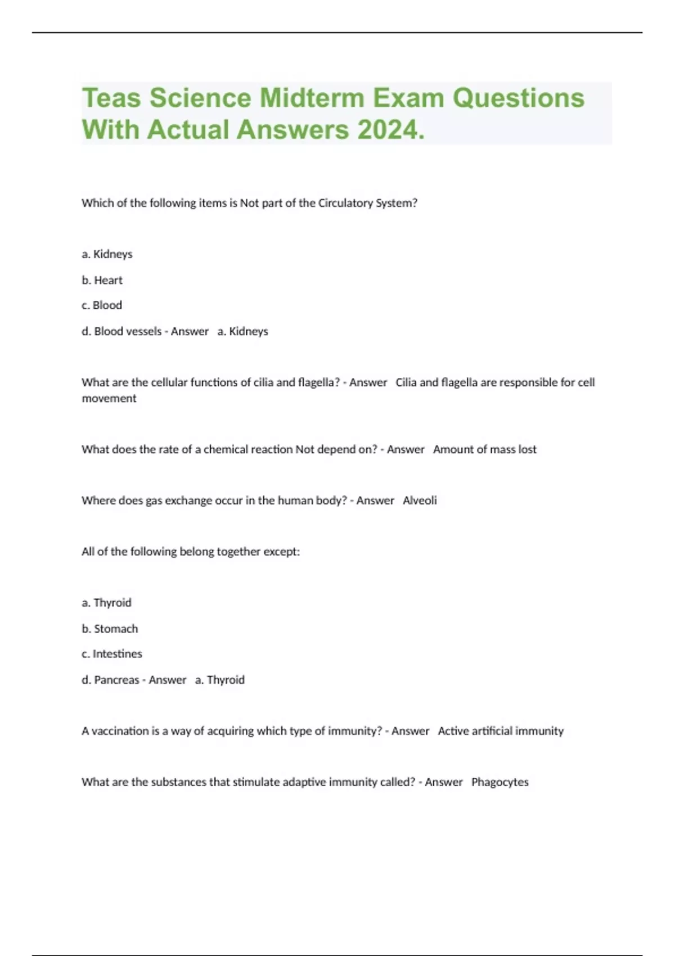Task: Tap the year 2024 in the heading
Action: click(388, 130)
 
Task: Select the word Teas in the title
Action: click(111, 98)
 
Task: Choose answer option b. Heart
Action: click(102, 280)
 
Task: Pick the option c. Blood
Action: click(102, 305)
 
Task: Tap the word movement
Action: click(109, 398)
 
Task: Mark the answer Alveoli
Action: click(420, 500)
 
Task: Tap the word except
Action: click(282, 552)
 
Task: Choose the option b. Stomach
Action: click(110, 629)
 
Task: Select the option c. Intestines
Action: click(112, 654)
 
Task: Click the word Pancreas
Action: click(116, 680)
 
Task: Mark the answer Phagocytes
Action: click(499, 782)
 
